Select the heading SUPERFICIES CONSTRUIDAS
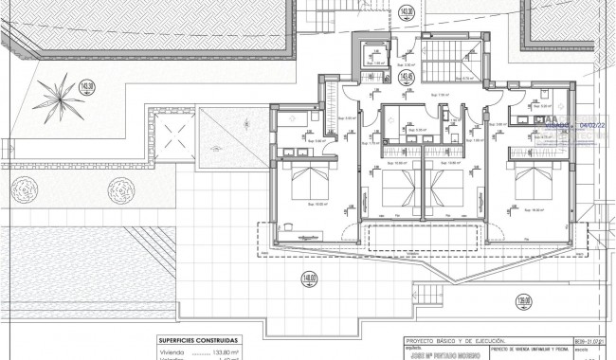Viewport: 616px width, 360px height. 199,339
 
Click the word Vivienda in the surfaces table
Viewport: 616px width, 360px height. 172,350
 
